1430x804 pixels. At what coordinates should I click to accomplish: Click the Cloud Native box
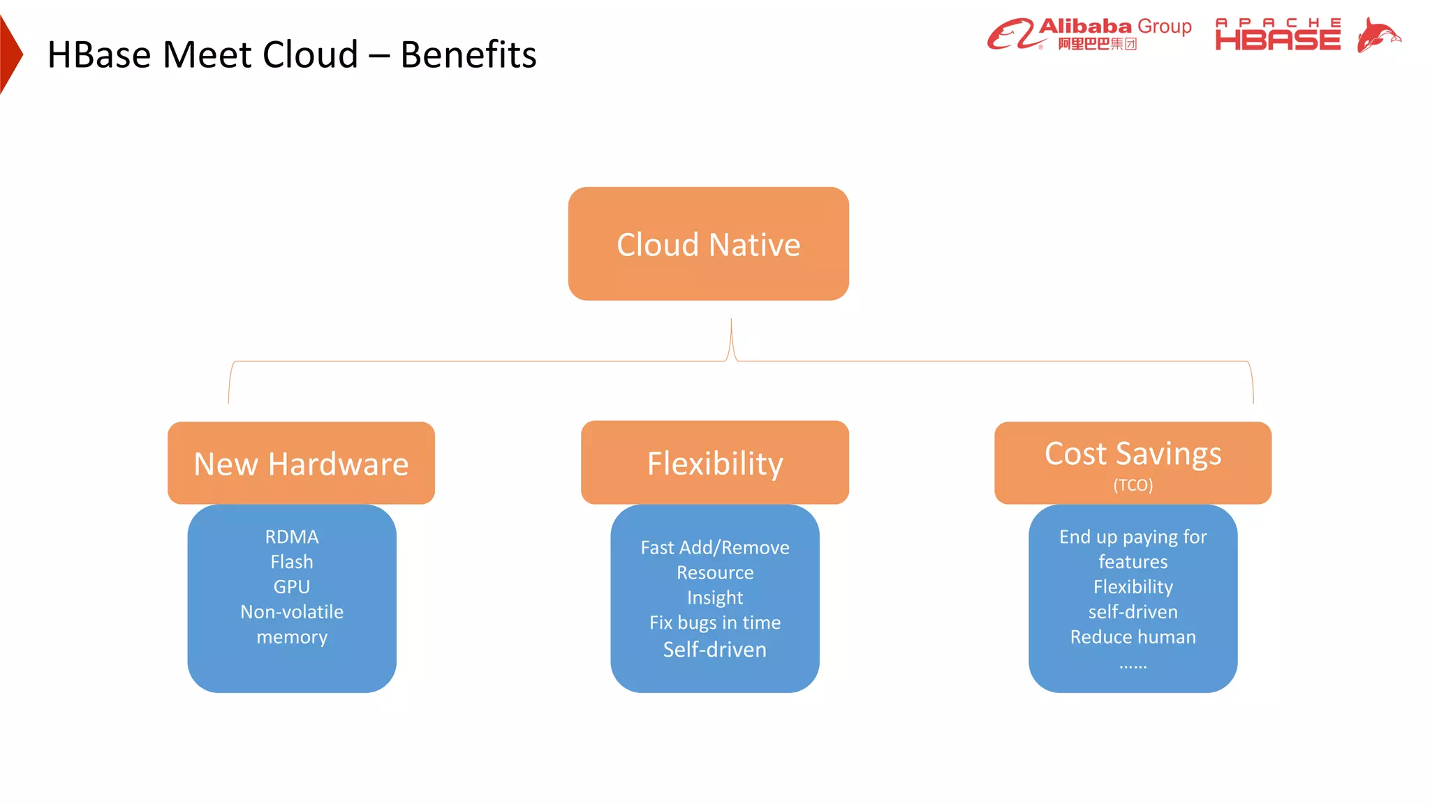tap(708, 244)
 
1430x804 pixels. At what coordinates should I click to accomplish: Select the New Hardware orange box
tap(301, 463)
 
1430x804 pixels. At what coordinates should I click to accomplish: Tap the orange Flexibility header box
tap(714, 463)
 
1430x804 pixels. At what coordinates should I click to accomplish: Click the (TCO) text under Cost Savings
tap(1133, 485)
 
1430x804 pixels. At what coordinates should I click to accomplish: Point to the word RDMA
tap(292, 537)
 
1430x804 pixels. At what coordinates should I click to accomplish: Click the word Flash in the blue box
tap(292, 562)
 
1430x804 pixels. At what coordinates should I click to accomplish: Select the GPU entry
tap(292, 587)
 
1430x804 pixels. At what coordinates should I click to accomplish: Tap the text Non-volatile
tap(292, 612)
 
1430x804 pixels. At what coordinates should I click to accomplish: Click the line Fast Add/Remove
tap(714, 548)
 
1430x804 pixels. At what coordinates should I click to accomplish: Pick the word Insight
tap(714, 598)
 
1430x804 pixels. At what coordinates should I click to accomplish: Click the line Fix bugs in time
tap(714, 623)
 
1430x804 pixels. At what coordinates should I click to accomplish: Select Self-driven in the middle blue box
tap(714, 650)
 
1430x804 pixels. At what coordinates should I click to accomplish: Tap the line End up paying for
tap(1133, 537)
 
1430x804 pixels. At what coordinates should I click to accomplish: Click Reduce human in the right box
tap(1133, 637)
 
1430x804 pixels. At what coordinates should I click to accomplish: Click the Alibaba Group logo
tap(1089, 34)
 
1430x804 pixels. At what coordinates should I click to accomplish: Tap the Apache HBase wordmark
tap(1278, 35)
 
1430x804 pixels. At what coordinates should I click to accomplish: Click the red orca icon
tap(1378, 35)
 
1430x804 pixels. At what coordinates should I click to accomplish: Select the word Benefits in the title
tap(468, 54)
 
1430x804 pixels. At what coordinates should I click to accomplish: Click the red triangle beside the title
tap(10, 54)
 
